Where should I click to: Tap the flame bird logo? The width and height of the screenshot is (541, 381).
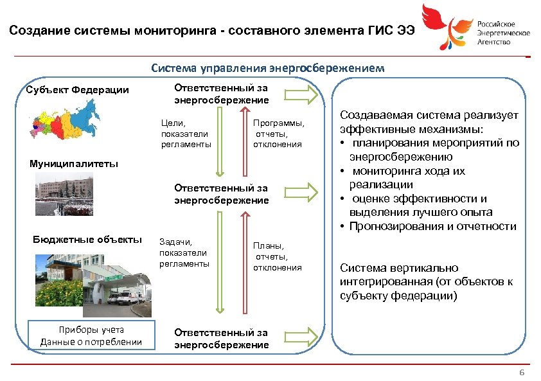click(446, 27)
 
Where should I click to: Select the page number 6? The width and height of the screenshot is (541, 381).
click(522, 373)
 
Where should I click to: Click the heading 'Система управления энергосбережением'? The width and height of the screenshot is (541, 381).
click(268, 67)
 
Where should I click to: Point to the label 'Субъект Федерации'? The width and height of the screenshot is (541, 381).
click(78, 89)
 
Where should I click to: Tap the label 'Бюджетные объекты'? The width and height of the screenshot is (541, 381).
click(87, 240)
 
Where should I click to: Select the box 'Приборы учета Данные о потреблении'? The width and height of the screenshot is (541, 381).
click(91, 335)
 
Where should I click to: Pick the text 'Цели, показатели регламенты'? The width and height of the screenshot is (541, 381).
click(186, 134)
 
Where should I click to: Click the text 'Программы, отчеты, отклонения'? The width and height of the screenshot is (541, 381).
click(278, 134)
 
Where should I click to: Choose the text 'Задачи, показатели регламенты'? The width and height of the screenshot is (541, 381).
click(184, 253)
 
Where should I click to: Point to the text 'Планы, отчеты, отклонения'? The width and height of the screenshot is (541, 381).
click(277, 256)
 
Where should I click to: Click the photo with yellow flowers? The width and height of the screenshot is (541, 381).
click(61, 280)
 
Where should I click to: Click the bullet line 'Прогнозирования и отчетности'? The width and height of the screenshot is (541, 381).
click(432, 226)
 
